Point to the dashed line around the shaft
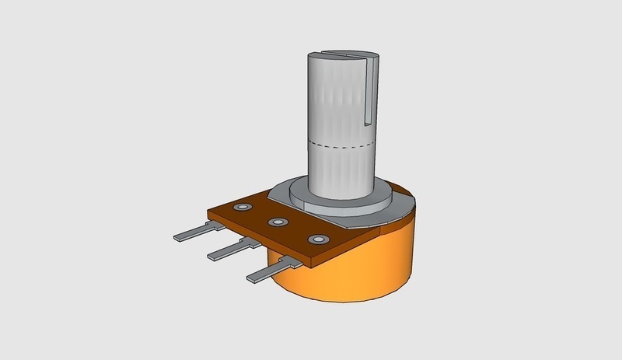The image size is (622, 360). pos(342,145)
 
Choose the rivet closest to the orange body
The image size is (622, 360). pos(316,239)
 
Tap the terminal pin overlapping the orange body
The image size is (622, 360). pos(272,271)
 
